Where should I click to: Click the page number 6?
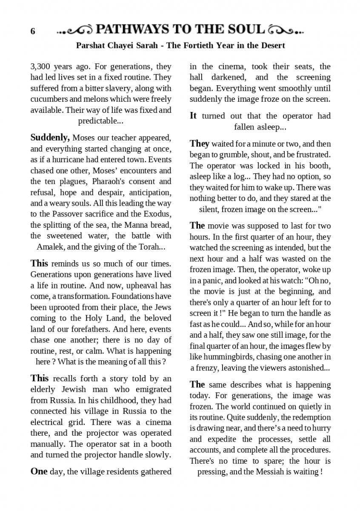click(33, 32)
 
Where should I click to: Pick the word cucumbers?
click(49, 99)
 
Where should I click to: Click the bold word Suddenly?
click(50, 138)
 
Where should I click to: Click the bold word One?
click(39, 471)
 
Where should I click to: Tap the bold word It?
click(193, 116)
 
